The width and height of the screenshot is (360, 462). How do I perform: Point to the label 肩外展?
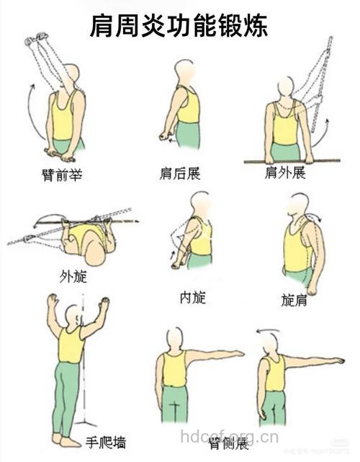pos(285,174)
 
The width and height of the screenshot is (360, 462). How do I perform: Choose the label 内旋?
pos(192,296)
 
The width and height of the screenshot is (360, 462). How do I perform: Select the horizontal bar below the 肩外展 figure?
pos(291,161)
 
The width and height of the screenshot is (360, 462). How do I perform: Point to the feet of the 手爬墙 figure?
pos(65,439)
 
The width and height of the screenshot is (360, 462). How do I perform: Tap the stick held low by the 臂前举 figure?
pos(61,153)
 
